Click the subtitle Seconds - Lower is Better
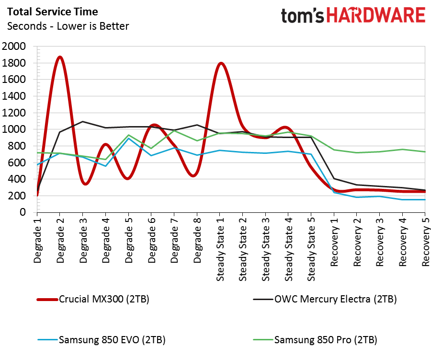(68, 26)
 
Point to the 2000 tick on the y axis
(14, 46)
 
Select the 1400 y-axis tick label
(14, 96)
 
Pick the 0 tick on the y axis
(23, 212)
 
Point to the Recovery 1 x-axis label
(335, 244)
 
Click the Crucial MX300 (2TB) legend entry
(104, 300)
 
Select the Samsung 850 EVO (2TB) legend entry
(112, 340)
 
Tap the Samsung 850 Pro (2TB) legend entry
(325, 340)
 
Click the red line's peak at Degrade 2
(60, 57)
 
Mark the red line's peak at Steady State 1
(220, 63)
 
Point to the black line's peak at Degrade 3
(82, 121)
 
